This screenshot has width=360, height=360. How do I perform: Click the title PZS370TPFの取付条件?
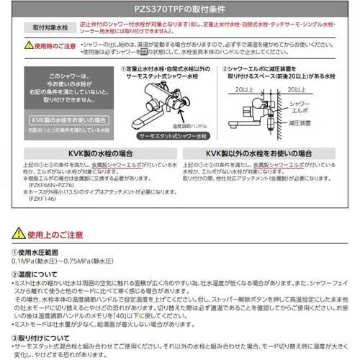point(179,9)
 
